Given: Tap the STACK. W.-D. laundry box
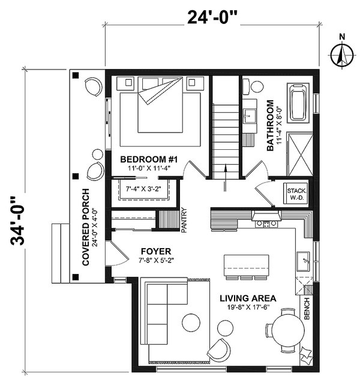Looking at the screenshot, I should (x=296, y=192).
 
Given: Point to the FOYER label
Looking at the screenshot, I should (x=157, y=251).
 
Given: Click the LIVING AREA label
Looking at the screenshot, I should (x=247, y=298).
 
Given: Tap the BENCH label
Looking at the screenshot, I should (x=307, y=308).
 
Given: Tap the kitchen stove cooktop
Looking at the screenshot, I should (x=265, y=223).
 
